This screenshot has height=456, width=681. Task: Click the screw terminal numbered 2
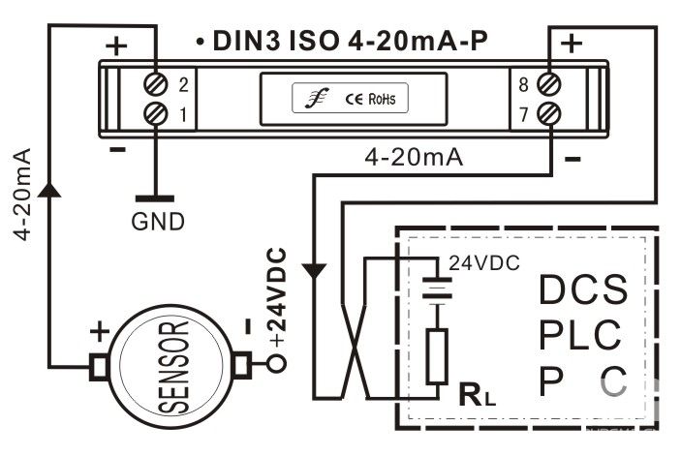click(x=156, y=83)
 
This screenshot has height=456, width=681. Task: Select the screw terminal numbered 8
click(x=548, y=83)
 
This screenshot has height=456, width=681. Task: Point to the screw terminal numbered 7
click(x=548, y=114)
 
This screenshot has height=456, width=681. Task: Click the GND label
click(x=157, y=222)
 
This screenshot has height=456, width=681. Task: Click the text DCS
click(x=583, y=289)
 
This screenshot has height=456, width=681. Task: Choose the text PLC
click(x=580, y=335)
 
